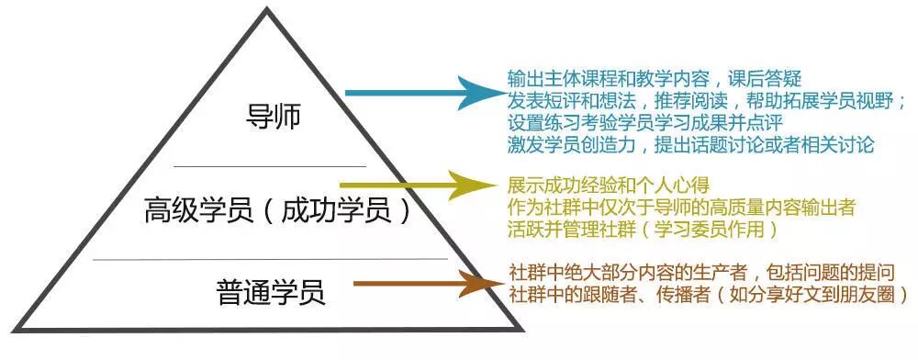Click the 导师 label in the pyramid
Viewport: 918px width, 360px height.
274,117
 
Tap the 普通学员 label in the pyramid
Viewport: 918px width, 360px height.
271,293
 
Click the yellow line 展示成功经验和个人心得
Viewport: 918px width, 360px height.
610,185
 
